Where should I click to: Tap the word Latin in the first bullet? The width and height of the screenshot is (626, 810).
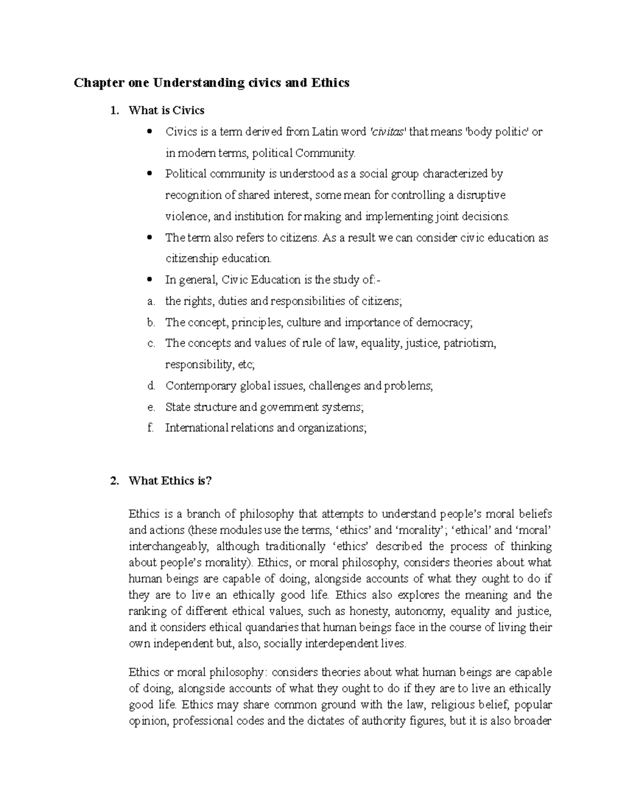click(326, 132)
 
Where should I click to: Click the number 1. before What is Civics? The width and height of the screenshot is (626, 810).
click(115, 111)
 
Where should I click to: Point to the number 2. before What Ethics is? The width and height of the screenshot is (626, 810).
click(115, 481)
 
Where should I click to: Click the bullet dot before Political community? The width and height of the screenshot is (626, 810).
click(150, 174)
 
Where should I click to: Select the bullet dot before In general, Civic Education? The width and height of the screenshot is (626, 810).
click(150, 280)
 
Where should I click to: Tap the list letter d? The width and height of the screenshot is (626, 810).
click(151, 386)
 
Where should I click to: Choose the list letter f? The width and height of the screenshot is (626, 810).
click(150, 428)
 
